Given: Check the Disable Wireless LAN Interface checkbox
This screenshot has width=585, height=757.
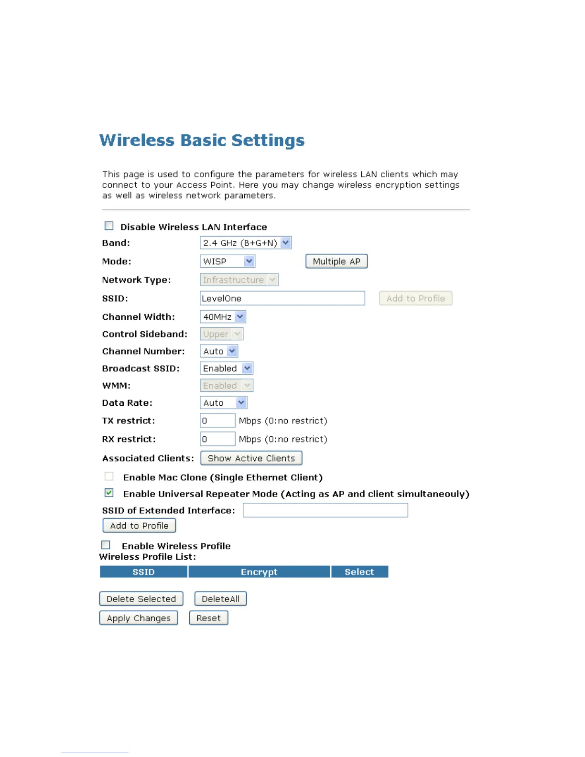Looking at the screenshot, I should (109, 226).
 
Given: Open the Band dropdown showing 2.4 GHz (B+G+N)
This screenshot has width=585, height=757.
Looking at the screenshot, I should (245, 243).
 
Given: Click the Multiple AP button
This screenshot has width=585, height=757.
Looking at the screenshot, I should (336, 261).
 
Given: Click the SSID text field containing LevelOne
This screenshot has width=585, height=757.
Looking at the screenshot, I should (282, 298).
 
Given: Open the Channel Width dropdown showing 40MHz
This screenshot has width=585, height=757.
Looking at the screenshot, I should (223, 317).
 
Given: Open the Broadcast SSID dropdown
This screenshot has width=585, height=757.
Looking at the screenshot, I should (226, 368).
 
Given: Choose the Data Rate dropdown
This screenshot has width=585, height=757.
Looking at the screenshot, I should (223, 403).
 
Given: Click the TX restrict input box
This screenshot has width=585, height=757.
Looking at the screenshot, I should (217, 421).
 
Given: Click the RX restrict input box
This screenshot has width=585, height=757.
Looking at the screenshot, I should (217, 439).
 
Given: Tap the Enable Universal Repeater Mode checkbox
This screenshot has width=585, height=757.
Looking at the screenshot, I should (109, 493).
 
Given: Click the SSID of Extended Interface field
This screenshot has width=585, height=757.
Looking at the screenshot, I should (325, 510).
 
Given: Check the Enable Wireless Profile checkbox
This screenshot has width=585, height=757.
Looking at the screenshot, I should (106, 545).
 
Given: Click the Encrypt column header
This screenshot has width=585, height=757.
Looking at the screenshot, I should (259, 572).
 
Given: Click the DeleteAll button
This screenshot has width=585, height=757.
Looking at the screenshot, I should (220, 599).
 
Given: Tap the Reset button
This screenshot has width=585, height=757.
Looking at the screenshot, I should (208, 618).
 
